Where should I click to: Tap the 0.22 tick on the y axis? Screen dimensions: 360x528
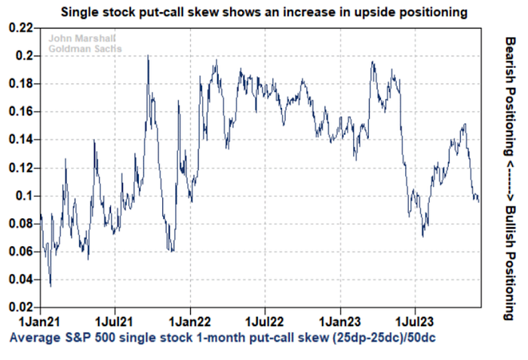click(21, 28)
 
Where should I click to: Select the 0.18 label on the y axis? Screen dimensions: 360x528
click(21, 84)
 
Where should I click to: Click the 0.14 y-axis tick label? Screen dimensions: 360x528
click(21, 140)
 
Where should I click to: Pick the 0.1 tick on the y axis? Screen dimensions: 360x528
click(26, 195)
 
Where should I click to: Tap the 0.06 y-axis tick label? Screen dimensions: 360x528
click(21, 251)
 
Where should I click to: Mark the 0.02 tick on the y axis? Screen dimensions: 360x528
click(21, 307)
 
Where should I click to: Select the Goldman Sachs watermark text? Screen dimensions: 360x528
click(78, 48)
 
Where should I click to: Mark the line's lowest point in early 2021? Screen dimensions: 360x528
click(51, 286)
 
